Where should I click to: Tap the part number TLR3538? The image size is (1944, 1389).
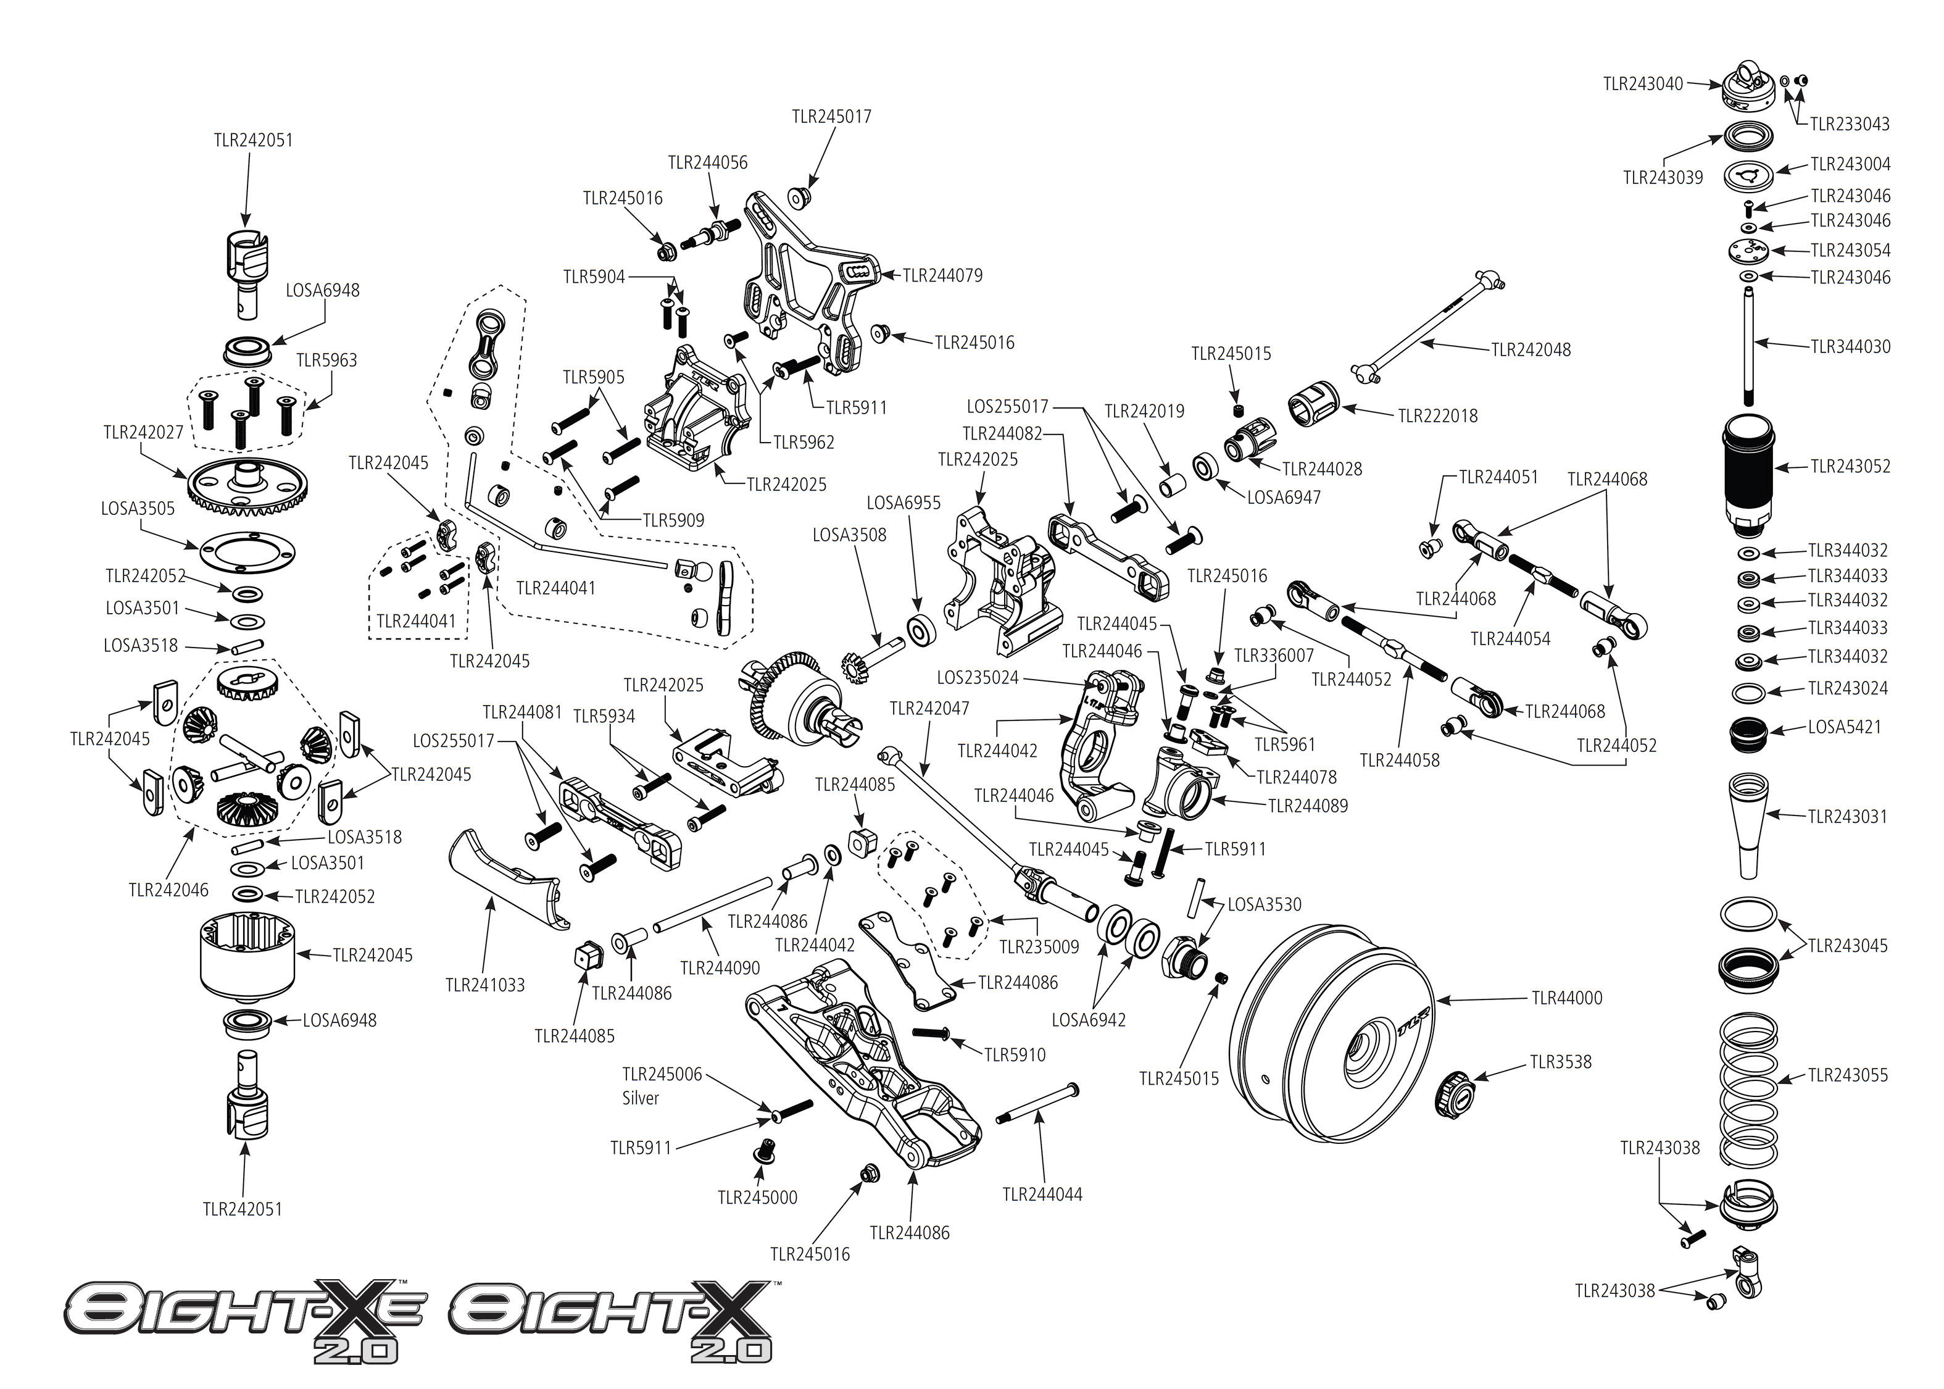(1560, 1062)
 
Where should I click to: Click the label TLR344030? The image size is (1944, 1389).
(1850, 347)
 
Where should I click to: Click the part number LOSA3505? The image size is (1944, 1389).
(138, 509)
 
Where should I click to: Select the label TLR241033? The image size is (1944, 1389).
(484, 985)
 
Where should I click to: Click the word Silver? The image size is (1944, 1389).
(641, 1099)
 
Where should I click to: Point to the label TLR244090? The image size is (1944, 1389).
(720, 968)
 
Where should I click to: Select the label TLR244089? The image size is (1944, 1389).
(1307, 806)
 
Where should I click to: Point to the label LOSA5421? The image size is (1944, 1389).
(1844, 728)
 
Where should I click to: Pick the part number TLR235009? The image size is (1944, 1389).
(1039, 947)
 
